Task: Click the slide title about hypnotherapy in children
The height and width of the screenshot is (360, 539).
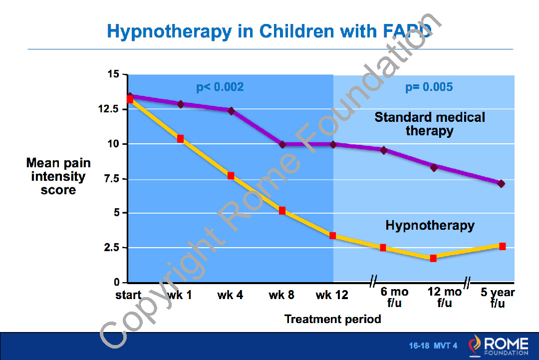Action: (x=269, y=31)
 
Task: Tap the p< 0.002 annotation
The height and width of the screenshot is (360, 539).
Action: (x=220, y=87)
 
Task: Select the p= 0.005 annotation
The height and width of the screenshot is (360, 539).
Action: (x=429, y=87)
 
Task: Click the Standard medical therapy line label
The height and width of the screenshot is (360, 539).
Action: (x=430, y=124)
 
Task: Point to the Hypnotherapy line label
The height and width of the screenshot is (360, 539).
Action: (x=430, y=225)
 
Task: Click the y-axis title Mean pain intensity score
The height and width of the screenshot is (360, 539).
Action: (x=58, y=176)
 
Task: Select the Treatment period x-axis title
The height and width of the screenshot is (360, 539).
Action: (x=332, y=319)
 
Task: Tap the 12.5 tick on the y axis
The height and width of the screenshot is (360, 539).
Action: (x=109, y=109)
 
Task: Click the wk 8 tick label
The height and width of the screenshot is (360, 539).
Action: (x=281, y=295)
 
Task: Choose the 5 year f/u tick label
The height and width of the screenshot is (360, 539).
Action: (x=498, y=298)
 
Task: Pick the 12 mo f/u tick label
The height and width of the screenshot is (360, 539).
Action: (x=445, y=298)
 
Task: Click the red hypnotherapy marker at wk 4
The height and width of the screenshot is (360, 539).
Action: (x=231, y=176)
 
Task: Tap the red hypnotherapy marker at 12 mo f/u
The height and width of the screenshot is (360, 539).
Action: (x=433, y=258)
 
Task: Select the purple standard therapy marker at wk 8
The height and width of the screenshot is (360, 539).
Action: (x=282, y=144)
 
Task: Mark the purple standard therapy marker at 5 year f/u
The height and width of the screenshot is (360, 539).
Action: (x=501, y=184)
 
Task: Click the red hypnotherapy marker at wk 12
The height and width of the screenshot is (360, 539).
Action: (x=333, y=236)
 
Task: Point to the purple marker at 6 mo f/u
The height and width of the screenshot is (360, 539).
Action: (x=384, y=150)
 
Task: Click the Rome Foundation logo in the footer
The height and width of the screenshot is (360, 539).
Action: (x=498, y=346)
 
